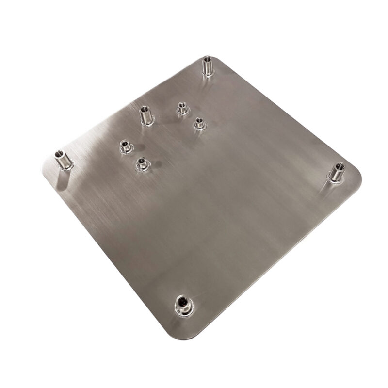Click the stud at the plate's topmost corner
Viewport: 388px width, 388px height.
(208, 66)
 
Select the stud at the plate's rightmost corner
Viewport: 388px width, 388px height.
(336, 173)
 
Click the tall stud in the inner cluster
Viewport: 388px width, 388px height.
(145, 115)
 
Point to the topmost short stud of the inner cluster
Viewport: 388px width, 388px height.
(182, 109)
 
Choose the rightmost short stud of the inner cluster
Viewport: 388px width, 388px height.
(199, 124)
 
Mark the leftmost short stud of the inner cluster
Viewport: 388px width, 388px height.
(126, 145)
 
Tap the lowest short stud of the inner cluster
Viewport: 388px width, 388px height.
(142, 164)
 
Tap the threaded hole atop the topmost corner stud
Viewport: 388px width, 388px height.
(208, 60)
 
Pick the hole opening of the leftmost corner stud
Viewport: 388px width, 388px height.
(61, 153)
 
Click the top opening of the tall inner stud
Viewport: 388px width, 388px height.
(144, 109)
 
